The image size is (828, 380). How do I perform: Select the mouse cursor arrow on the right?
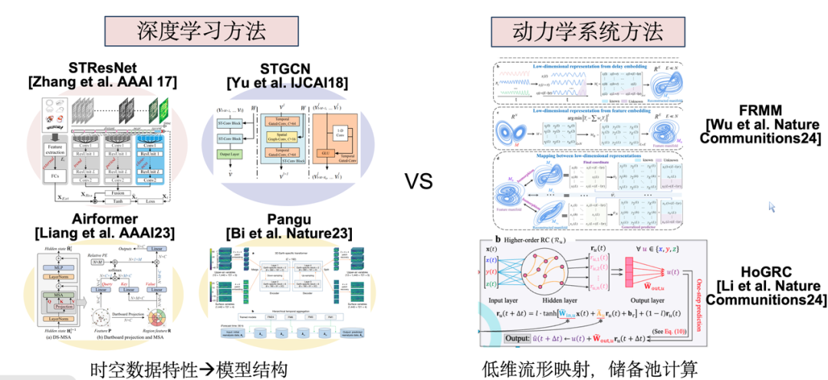click(772, 206)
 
